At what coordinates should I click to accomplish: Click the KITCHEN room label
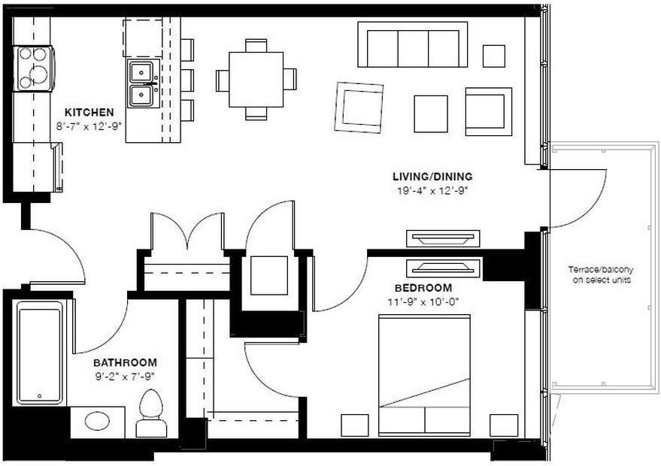[89, 112]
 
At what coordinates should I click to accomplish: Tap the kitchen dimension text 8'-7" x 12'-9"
[89, 126]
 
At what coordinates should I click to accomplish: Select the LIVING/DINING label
[432, 177]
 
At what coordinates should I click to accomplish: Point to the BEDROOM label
[423, 288]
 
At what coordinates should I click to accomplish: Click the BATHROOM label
[126, 362]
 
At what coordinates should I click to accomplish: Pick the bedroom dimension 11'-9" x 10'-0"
[423, 301]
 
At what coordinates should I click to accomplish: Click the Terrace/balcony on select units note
[599, 275]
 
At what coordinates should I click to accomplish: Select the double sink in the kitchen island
[141, 83]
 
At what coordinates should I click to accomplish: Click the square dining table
[256, 79]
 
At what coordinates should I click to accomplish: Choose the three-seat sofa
[412, 45]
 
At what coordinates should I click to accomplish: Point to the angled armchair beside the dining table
[359, 107]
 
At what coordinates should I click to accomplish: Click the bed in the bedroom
[424, 375]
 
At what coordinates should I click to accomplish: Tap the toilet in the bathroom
[151, 413]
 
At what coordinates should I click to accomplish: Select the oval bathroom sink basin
[97, 421]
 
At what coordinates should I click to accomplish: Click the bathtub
[40, 353]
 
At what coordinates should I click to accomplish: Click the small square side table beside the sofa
[493, 56]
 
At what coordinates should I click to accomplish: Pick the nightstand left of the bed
[354, 425]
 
